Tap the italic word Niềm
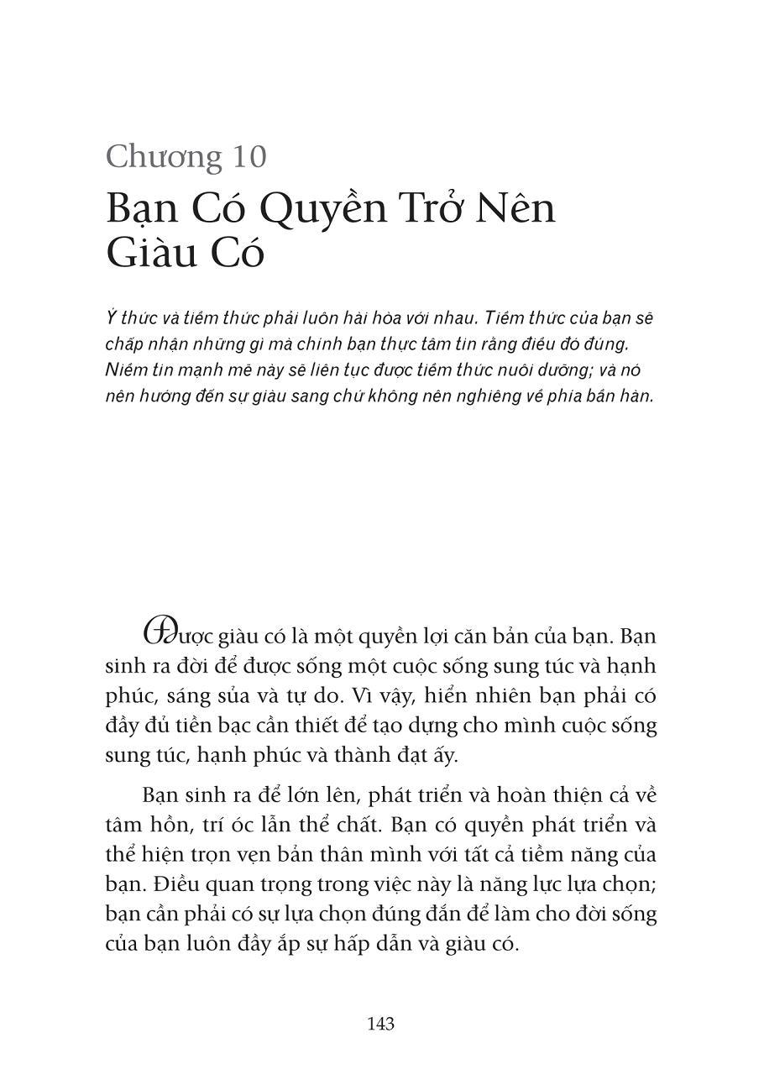tap(124, 370)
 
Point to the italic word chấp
tap(123, 344)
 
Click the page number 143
tap(380, 1025)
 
